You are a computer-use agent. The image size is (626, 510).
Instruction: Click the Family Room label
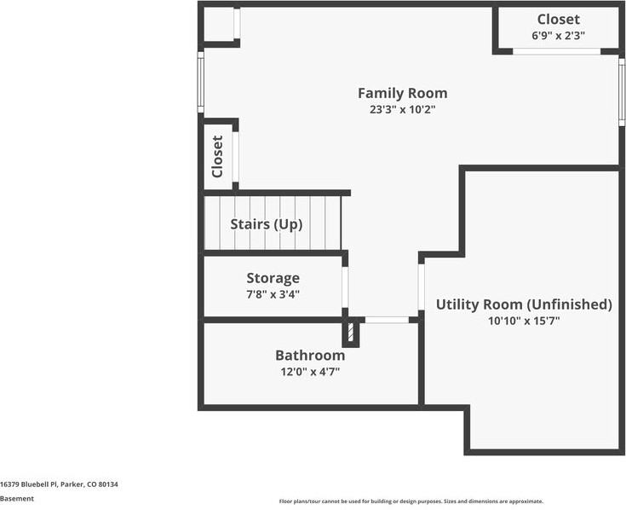(402, 93)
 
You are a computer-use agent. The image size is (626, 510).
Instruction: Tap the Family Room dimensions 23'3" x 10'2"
(402, 109)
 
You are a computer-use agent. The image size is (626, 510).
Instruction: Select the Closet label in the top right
(558, 20)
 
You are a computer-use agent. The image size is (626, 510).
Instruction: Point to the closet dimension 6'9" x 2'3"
(558, 36)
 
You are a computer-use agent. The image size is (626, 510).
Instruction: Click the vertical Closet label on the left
(217, 156)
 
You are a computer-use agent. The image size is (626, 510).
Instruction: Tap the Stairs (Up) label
(266, 224)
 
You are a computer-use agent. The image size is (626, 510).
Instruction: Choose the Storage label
(273, 278)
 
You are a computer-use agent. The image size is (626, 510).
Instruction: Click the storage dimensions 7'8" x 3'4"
(273, 294)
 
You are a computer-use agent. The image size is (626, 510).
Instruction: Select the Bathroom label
(310, 355)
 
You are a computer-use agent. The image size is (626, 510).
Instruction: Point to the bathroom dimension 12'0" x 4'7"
(310, 371)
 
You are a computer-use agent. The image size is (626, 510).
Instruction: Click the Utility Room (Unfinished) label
(524, 304)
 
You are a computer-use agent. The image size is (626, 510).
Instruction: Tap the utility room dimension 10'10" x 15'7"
(524, 321)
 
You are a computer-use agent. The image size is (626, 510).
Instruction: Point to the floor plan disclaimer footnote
(411, 501)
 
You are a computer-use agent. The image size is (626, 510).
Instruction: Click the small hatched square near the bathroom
(348, 332)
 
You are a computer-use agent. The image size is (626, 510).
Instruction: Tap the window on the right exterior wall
(622, 92)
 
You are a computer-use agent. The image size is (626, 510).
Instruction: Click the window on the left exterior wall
(201, 82)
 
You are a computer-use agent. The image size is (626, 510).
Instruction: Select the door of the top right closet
(556, 52)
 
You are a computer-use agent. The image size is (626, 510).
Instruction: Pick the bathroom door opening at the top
(386, 320)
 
